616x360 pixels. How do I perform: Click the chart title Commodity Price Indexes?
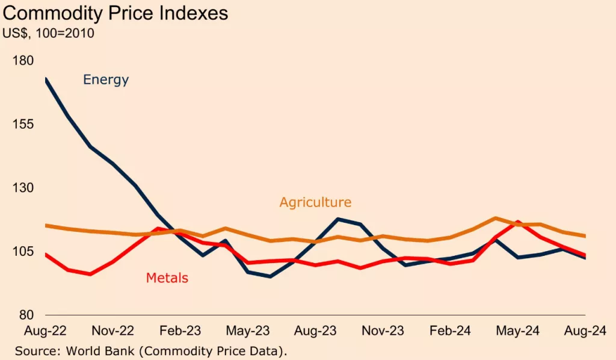[116, 13]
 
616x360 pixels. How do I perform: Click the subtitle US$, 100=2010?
[49, 34]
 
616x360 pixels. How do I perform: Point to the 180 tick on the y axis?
[22, 61]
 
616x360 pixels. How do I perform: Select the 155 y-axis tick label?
[22, 125]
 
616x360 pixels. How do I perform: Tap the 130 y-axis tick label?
[22, 188]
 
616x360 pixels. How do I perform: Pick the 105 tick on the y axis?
[22, 252]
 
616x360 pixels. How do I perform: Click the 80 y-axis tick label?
[26, 315]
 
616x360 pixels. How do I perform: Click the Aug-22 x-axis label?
[45, 331]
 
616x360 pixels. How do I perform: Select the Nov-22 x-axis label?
[112, 331]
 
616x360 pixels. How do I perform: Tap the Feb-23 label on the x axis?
[179, 331]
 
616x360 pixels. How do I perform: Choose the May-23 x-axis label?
[247, 331]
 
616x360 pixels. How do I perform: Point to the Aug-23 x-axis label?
[315, 331]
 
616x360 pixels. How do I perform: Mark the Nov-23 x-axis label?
[382, 331]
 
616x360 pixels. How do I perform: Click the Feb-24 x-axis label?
[450, 331]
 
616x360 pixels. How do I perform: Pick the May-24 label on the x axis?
[517, 331]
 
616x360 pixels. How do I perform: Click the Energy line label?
[106, 79]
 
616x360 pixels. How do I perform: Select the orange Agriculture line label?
[315, 202]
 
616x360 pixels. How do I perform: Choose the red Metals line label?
[167, 278]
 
